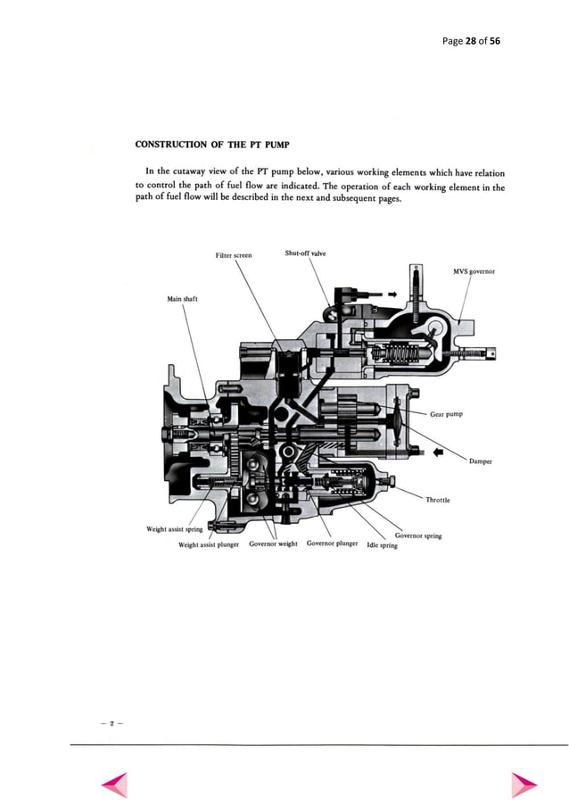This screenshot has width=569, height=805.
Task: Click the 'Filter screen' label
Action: (234, 255)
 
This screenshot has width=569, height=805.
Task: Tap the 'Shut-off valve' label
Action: (305, 253)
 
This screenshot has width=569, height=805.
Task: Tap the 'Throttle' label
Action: (438, 500)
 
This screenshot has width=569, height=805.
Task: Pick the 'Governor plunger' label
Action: (332, 543)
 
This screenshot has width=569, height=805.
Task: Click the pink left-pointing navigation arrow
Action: (115, 784)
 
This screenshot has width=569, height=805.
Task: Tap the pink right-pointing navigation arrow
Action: (524, 784)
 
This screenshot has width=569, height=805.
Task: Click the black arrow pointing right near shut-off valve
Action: (391, 292)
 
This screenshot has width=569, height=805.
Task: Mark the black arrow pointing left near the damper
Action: (437, 452)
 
